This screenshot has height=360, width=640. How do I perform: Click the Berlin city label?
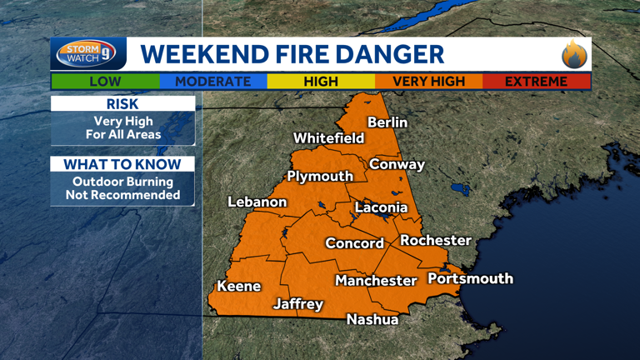pos(387,122)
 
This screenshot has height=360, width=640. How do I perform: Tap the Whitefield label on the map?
pos(328,137)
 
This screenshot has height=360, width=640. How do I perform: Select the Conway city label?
pos(397,164)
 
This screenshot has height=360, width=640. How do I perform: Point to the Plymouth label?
pos(320,176)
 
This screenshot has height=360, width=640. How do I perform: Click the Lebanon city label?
pos(257,202)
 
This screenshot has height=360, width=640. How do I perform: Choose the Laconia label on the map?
pos(381,207)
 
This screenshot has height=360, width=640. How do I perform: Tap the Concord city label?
pos(354,243)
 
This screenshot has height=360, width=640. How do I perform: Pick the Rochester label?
pos(436,240)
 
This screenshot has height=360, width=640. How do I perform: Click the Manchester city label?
pos(376,281)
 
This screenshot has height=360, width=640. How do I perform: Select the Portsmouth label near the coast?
pos(470,278)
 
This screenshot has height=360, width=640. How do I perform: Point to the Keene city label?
pos(239,286)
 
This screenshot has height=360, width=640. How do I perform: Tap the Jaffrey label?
pos(298,304)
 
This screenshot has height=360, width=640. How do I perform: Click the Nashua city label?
pos(372,319)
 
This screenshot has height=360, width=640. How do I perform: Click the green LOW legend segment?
pos(104,82)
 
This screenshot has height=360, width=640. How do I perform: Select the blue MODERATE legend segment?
pos(212,82)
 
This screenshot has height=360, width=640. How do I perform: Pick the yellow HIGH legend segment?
pos(321,82)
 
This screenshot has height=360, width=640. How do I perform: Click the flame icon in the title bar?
pos(574,55)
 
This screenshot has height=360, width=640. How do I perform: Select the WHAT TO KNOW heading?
pos(122,164)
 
